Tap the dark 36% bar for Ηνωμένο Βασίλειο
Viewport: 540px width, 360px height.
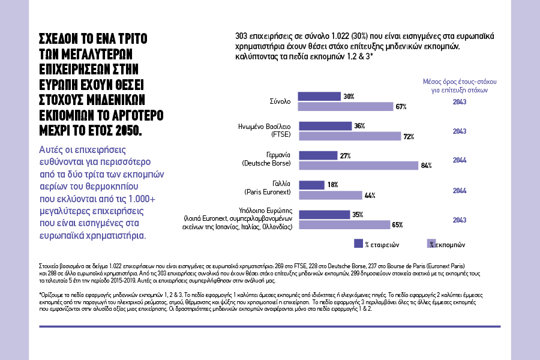point(325,126)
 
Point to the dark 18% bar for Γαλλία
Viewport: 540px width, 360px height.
point(311,185)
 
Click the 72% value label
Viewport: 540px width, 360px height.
point(409,137)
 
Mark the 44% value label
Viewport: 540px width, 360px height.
point(370,196)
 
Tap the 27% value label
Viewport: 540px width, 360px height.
point(345,155)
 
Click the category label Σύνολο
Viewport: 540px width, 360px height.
point(280,101)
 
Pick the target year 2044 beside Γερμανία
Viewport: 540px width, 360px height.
point(459,160)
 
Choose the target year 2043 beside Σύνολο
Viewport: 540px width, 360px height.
point(459,101)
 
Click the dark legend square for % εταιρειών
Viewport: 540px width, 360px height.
point(358,244)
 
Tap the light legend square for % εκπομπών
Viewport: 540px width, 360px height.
point(430,244)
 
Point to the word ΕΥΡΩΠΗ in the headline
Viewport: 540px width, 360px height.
point(59,83)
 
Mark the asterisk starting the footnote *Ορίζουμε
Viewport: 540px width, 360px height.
point(40,295)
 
